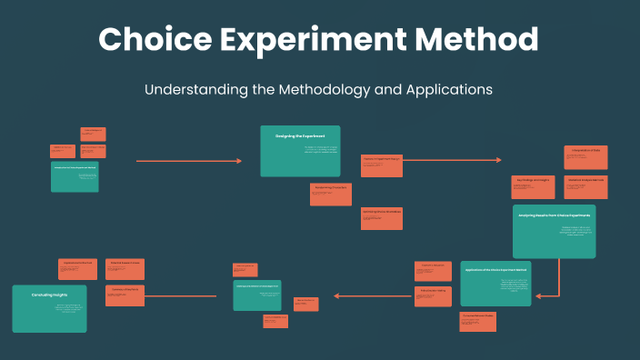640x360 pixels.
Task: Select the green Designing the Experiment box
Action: (300, 151)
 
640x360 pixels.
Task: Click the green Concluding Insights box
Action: (50, 308)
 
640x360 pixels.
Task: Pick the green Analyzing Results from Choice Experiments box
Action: (554, 231)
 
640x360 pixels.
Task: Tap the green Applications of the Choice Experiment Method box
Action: (495, 284)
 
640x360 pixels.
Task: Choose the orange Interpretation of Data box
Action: (586, 157)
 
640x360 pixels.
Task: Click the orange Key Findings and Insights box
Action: (533, 186)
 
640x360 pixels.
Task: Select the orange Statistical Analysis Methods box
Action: (586, 186)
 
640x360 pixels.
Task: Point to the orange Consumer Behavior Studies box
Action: (476, 322)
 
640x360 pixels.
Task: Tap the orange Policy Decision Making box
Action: (433, 296)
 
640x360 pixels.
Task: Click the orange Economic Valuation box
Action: (433, 270)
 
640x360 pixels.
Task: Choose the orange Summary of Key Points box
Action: (125, 295)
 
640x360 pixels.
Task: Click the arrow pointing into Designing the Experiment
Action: (189, 161)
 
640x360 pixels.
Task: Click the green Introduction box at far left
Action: (75, 176)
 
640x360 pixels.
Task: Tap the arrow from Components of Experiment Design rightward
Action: (455, 160)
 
